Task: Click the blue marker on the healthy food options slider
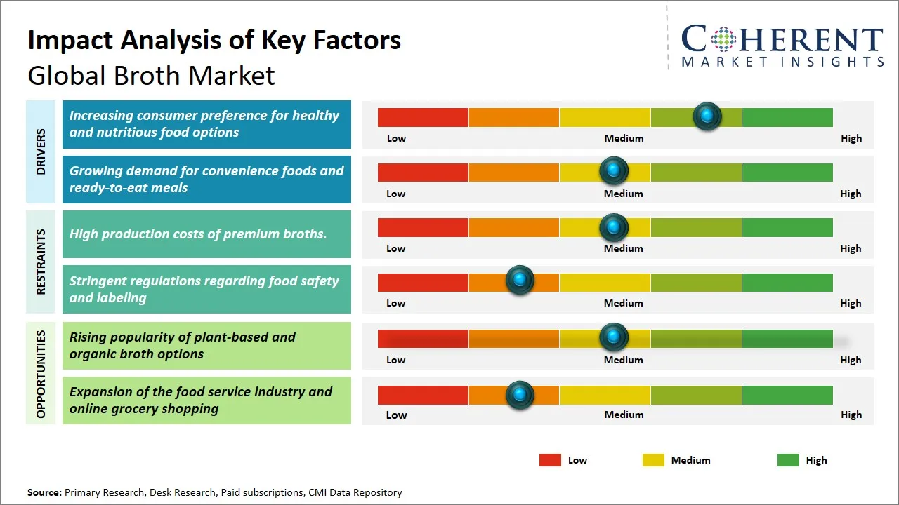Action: (707, 116)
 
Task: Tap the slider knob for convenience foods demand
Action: (614, 170)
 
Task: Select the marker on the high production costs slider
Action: (614, 227)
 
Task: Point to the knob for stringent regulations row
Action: (520, 281)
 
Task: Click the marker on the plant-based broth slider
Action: (614, 337)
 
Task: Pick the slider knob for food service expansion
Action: (520, 395)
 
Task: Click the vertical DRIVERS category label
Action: (41, 151)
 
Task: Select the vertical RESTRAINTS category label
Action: (41, 262)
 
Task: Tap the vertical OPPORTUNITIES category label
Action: (41, 374)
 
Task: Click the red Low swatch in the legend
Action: (550, 460)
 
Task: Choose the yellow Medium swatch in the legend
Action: (653, 460)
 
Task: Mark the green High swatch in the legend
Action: (788, 460)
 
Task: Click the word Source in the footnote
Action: (44, 492)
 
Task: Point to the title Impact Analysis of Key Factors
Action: (214, 41)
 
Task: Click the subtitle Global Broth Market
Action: (151, 76)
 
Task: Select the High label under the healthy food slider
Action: (851, 138)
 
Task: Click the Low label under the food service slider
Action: (396, 415)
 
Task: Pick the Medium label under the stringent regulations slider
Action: (624, 303)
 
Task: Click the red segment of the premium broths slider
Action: (423, 227)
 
